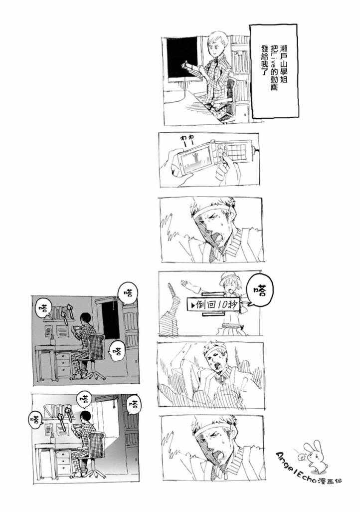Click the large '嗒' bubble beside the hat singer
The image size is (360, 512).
pyautogui.click(x=260, y=290)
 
